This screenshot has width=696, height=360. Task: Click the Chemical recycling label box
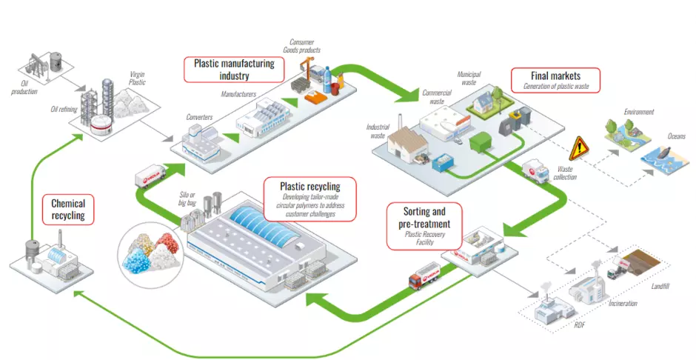click(x=68, y=210)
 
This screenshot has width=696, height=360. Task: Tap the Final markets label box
click(x=555, y=79)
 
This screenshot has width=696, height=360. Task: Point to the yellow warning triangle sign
click(x=578, y=149)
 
